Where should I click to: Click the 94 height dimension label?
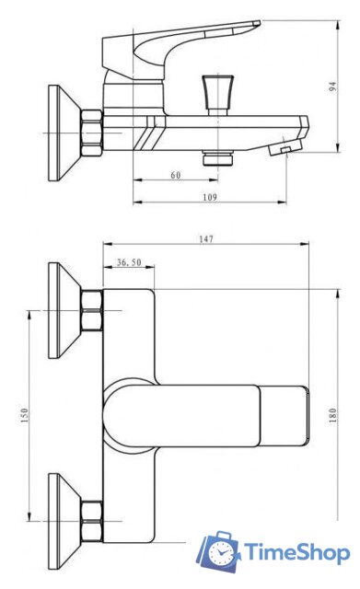click(x=332, y=87)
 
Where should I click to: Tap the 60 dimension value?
click(x=176, y=175)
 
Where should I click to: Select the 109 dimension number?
click(x=210, y=197)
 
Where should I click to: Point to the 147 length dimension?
click(x=206, y=239)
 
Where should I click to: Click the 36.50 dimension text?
click(x=129, y=261)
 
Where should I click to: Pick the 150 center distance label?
click(x=24, y=415)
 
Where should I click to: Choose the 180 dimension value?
click(x=333, y=415)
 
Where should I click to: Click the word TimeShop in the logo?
click(x=296, y=553)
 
